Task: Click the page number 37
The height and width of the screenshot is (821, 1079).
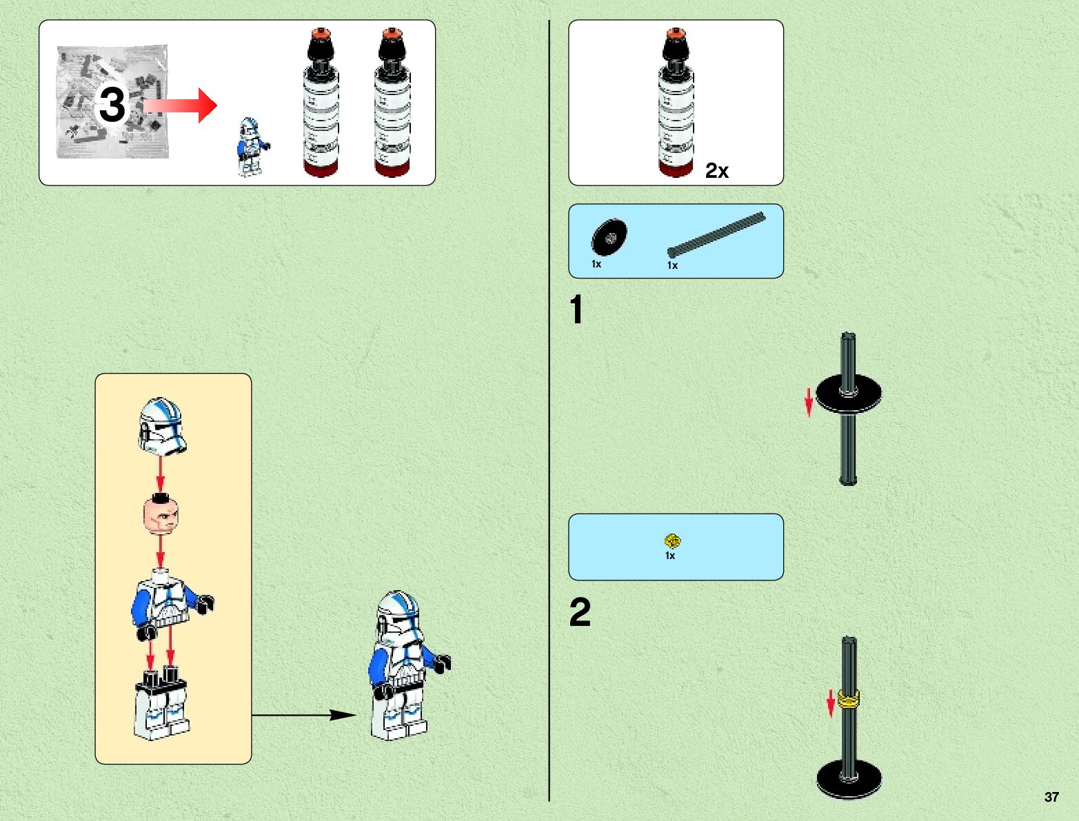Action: [x=1051, y=797]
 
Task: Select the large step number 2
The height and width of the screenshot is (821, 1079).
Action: [x=580, y=612]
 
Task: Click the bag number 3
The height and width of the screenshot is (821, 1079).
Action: [x=112, y=105]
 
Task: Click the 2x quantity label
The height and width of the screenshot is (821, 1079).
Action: [x=716, y=170]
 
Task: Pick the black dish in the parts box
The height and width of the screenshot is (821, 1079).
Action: [x=609, y=238]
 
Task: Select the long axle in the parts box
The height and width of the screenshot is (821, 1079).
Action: [x=716, y=235]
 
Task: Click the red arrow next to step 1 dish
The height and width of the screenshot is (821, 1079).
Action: [x=809, y=403]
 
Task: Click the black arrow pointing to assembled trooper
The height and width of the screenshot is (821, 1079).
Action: [x=304, y=715]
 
